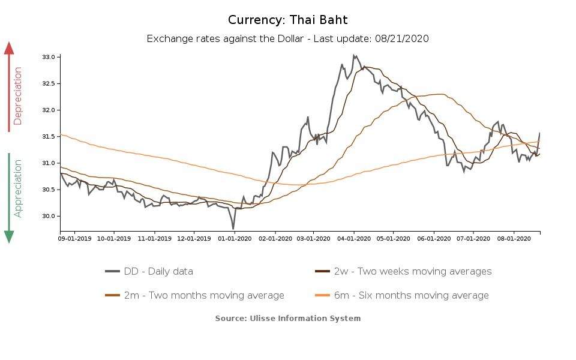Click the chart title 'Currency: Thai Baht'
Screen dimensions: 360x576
[287, 20]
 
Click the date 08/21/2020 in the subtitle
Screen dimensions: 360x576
[402, 38]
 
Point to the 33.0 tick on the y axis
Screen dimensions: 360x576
[49, 57]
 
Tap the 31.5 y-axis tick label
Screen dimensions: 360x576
[49, 137]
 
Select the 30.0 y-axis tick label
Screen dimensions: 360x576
[49, 216]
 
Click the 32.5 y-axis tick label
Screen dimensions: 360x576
[49, 83]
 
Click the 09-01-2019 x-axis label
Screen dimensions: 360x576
[74, 239]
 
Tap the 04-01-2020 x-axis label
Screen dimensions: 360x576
[354, 239]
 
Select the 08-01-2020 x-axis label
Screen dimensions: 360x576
[514, 239]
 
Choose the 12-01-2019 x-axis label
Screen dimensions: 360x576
[194, 239]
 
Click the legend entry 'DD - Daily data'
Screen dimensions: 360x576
[149, 272]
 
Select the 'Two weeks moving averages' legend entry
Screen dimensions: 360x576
[403, 272]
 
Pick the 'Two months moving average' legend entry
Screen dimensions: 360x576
[194, 295]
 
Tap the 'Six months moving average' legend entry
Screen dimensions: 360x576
[401, 295]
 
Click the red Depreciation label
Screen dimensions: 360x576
[18, 96]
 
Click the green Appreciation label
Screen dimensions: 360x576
[18, 188]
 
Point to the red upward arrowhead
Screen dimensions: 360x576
[9, 48]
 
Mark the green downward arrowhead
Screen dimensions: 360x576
[9, 237]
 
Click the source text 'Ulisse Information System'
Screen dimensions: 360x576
[305, 318]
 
